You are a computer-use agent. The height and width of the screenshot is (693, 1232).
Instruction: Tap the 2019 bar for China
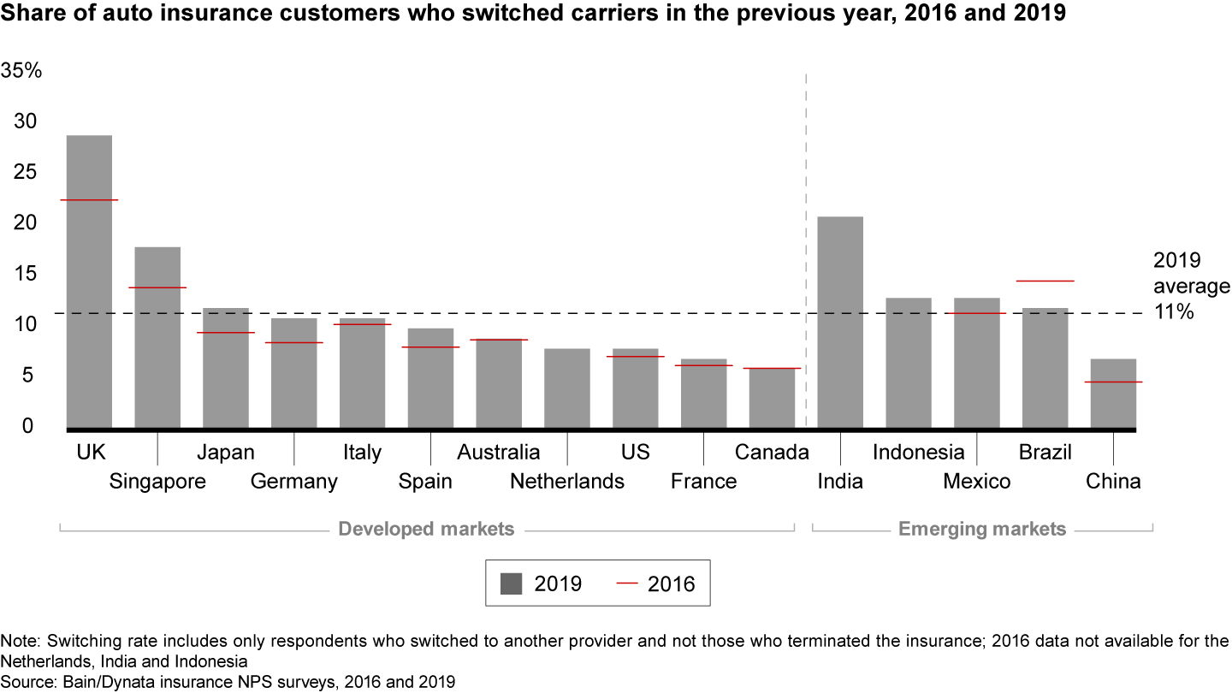click(x=1113, y=393)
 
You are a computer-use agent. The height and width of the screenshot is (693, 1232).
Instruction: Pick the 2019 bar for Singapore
click(x=157, y=337)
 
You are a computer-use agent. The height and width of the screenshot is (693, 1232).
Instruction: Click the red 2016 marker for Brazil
click(x=1045, y=281)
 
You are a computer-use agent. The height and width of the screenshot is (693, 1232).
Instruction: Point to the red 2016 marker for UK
click(x=89, y=199)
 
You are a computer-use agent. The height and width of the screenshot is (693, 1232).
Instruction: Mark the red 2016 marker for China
click(x=1113, y=382)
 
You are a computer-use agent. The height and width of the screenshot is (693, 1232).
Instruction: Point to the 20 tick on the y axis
click(x=25, y=222)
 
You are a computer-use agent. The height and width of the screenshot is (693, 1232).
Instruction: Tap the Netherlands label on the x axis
click(x=567, y=482)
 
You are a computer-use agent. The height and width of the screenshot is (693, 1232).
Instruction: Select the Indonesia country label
click(x=918, y=452)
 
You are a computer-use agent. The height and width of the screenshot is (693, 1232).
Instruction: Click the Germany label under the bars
click(x=293, y=482)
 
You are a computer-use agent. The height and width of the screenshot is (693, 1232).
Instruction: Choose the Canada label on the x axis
click(x=772, y=452)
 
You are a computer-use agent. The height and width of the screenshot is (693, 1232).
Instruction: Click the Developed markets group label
click(x=426, y=529)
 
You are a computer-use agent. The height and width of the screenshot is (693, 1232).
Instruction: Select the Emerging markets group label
click(x=982, y=529)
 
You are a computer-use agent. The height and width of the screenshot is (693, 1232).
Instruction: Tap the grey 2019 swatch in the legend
click(x=511, y=584)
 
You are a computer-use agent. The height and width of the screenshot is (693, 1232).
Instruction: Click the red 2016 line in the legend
click(x=627, y=584)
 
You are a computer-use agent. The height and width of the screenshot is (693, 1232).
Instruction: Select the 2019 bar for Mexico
click(x=976, y=363)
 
